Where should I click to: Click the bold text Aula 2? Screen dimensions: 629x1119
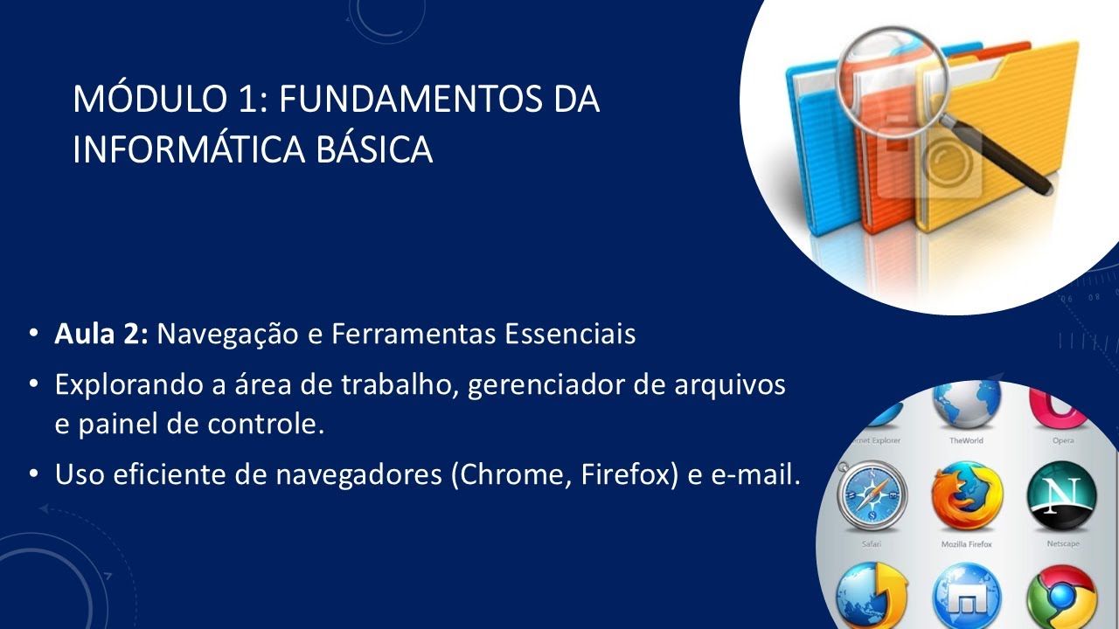point(101,335)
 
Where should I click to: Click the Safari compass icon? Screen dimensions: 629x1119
point(872,495)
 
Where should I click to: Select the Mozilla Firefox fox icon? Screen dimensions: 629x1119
point(966,498)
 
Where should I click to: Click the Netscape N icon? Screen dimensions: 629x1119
point(1060,496)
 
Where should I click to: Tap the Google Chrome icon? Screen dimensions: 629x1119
point(1061,598)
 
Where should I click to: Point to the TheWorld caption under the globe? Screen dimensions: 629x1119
point(966,441)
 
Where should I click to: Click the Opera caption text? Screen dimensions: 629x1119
point(1063,441)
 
